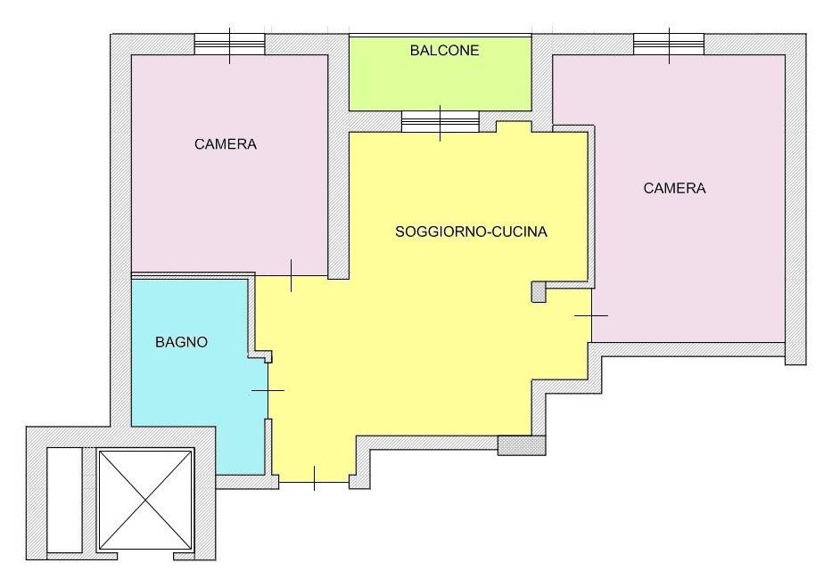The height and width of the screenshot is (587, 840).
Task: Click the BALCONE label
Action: point(444,50)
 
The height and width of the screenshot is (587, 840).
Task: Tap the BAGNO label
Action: point(181,342)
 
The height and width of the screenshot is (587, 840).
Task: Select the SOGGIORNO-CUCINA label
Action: point(471,232)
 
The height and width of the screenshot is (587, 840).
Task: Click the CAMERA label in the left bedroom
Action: point(226,144)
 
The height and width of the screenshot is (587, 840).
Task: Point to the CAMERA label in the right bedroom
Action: point(674,188)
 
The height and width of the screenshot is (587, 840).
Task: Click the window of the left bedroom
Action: point(229,45)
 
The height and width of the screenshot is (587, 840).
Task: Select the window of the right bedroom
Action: point(669,45)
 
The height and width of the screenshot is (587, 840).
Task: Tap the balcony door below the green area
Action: point(440,122)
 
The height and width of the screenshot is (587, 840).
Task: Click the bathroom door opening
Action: point(268,391)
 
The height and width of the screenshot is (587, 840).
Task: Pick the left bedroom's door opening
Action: point(292,276)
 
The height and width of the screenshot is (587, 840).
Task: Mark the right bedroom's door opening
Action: point(591,315)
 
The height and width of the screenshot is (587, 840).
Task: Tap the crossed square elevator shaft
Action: point(145,500)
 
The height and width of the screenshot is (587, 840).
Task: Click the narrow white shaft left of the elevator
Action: point(65,500)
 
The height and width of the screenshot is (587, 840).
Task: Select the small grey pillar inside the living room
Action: point(539,292)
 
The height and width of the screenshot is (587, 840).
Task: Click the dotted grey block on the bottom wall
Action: point(522,445)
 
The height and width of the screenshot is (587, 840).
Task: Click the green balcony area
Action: point(440,74)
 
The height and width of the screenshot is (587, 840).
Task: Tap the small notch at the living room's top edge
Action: point(514,126)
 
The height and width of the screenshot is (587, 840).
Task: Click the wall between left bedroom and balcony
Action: point(339,156)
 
